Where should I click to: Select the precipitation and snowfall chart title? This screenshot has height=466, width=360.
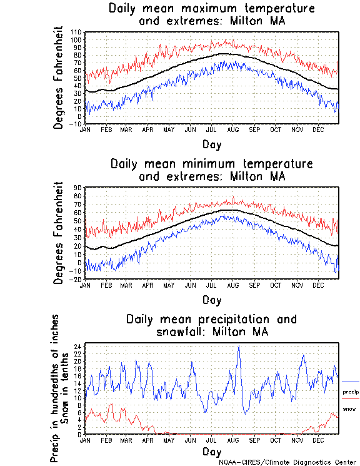coord(211,325)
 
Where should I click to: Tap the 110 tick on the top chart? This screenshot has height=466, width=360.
coord(76,32)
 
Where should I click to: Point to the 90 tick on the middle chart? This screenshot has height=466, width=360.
coord(78,187)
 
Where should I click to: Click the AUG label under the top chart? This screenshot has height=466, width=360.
coord(232,129)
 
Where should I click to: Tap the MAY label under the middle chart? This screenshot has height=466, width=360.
coord(169,285)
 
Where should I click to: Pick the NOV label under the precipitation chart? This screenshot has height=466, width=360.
coord(297,440)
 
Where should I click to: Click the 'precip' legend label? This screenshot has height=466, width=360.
coord(351,392)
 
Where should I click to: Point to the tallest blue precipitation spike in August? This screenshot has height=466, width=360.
coord(238,347)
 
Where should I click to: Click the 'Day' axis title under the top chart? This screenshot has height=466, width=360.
coord(211,144)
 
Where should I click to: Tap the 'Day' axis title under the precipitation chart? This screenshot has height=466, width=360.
coord(211,451)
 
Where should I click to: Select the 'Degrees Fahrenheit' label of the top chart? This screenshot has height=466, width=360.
coord(59,78)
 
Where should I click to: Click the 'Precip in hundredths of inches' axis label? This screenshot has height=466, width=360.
coord(55,389)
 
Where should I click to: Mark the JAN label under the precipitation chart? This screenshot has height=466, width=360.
coord(86,440)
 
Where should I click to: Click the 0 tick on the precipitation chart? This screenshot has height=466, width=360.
coord(79,434)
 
